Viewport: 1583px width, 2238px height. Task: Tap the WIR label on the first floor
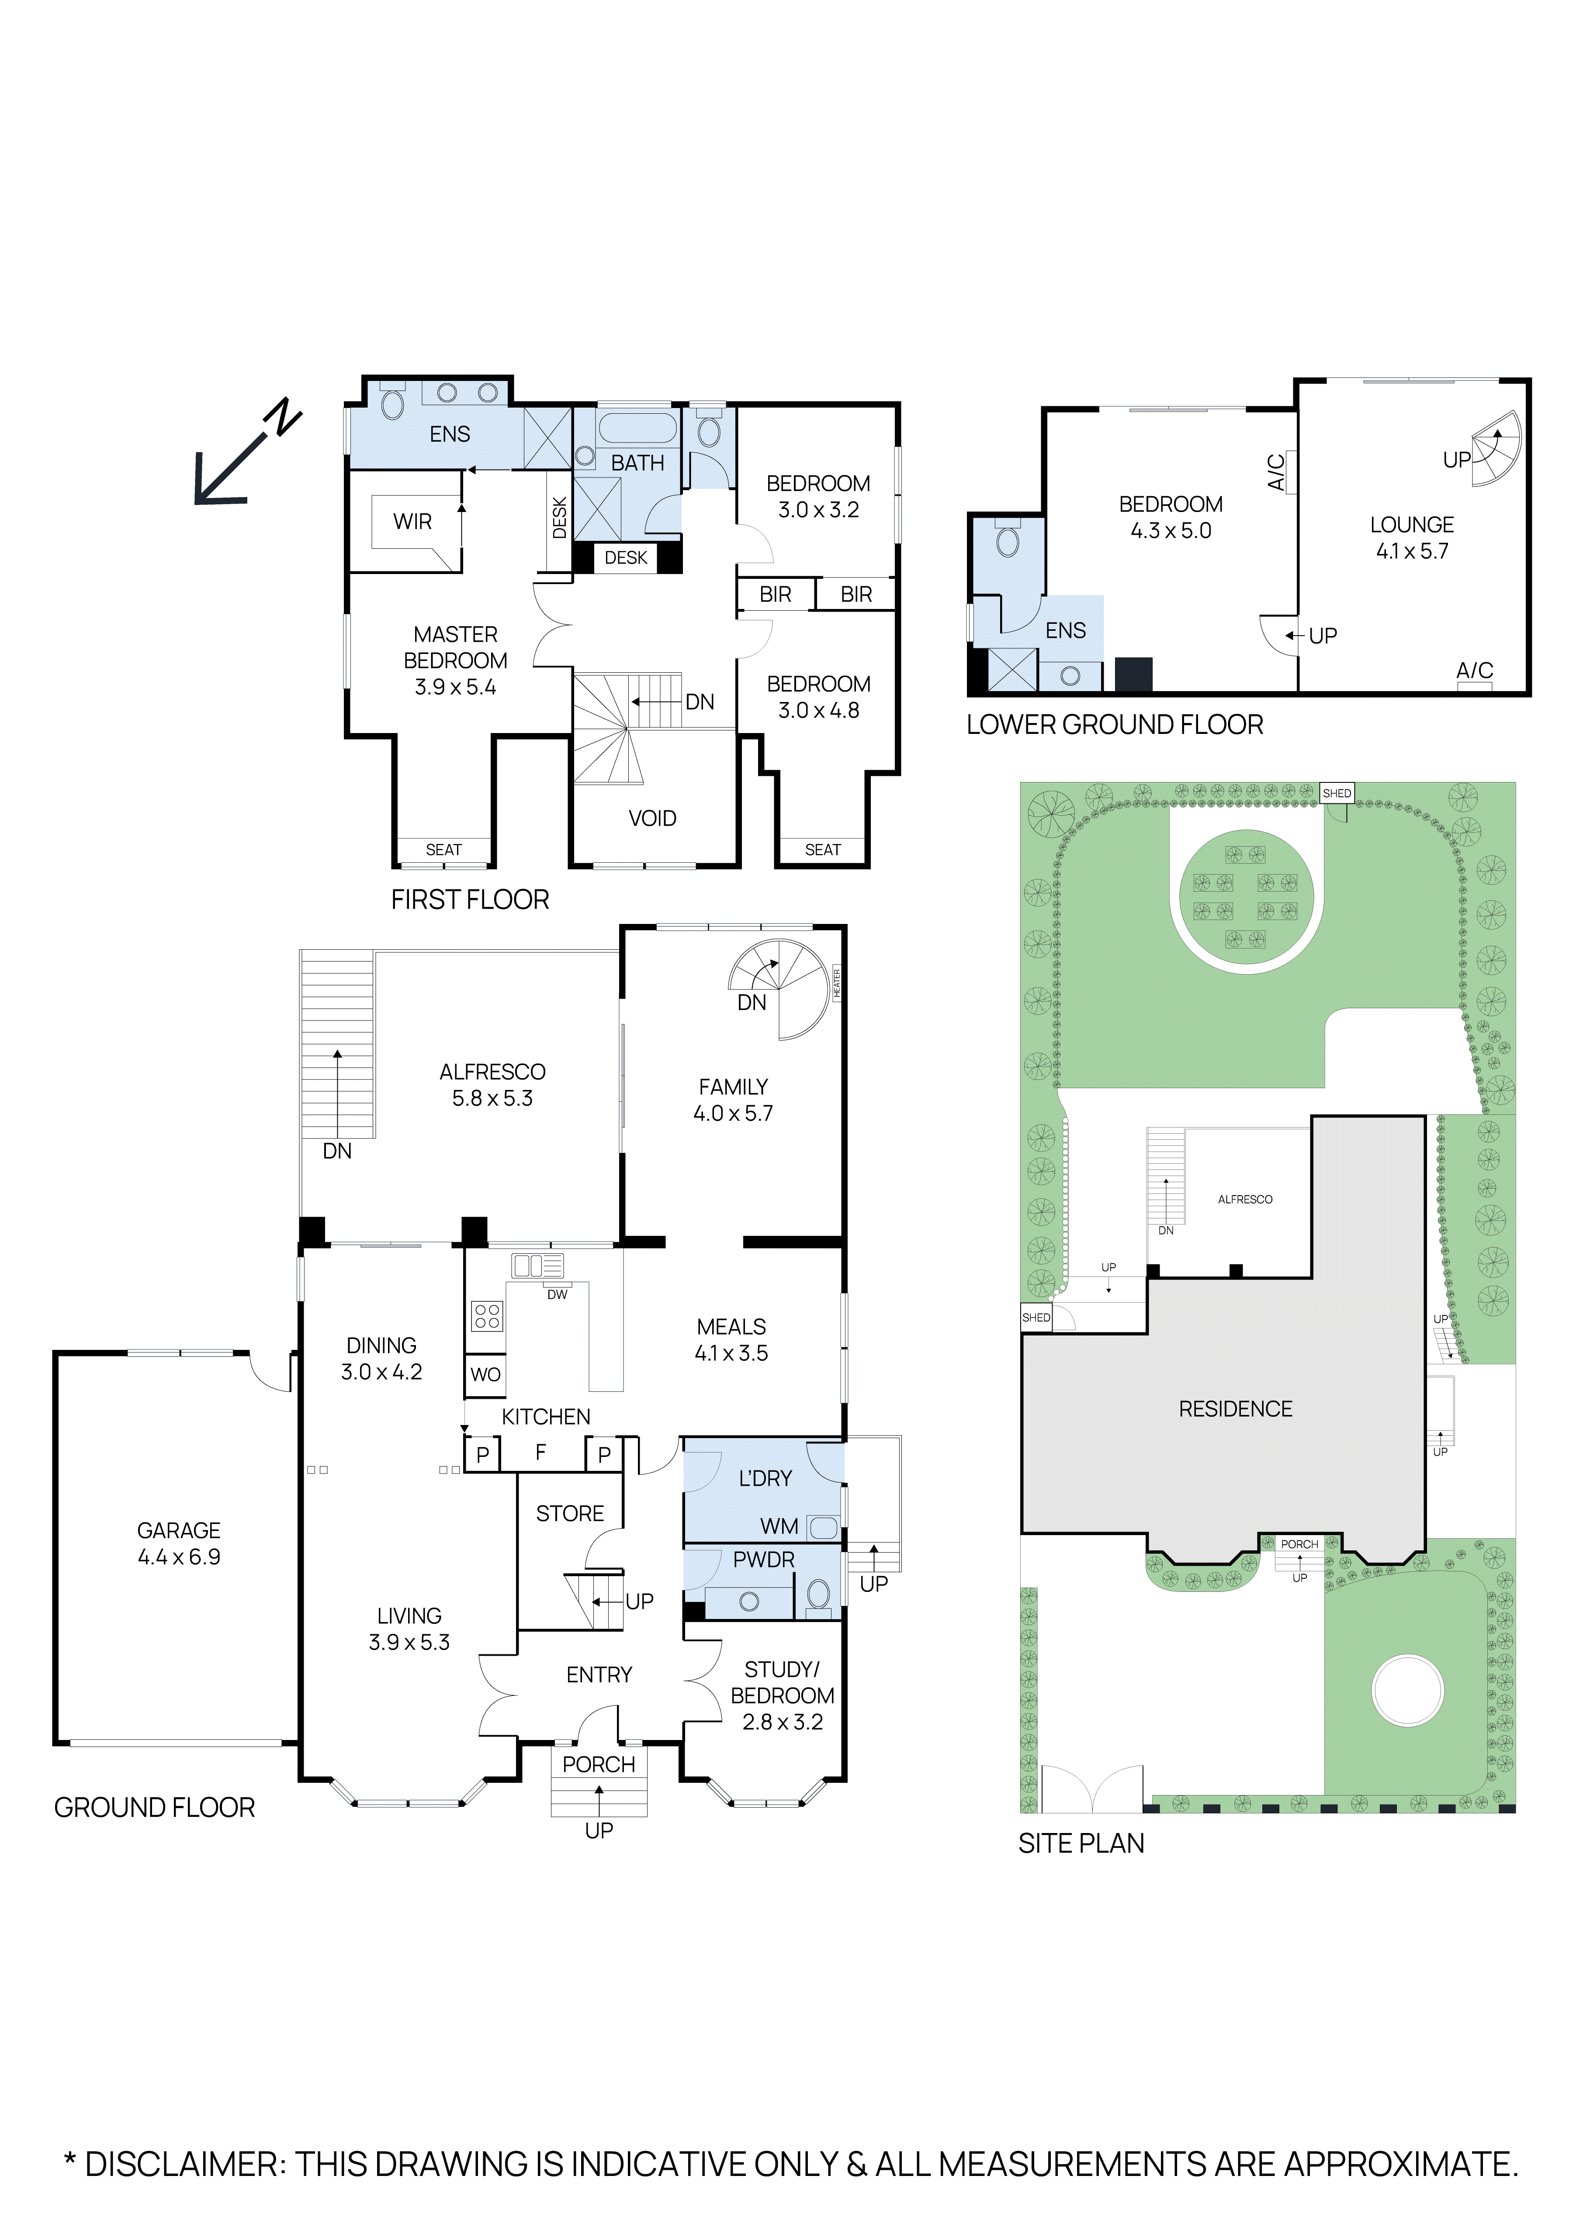(x=412, y=522)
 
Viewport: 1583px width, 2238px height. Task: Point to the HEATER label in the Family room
(x=836, y=983)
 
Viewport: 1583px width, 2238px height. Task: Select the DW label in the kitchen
(x=557, y=1294)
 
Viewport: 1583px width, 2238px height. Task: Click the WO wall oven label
(x=485, y=1374)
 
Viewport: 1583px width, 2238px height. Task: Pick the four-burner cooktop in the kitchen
(x=487, y=1316)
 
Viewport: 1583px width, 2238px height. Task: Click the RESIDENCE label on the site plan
(x=1235, y=1408)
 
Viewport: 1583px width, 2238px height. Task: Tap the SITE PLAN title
(x=1081, y=1843)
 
